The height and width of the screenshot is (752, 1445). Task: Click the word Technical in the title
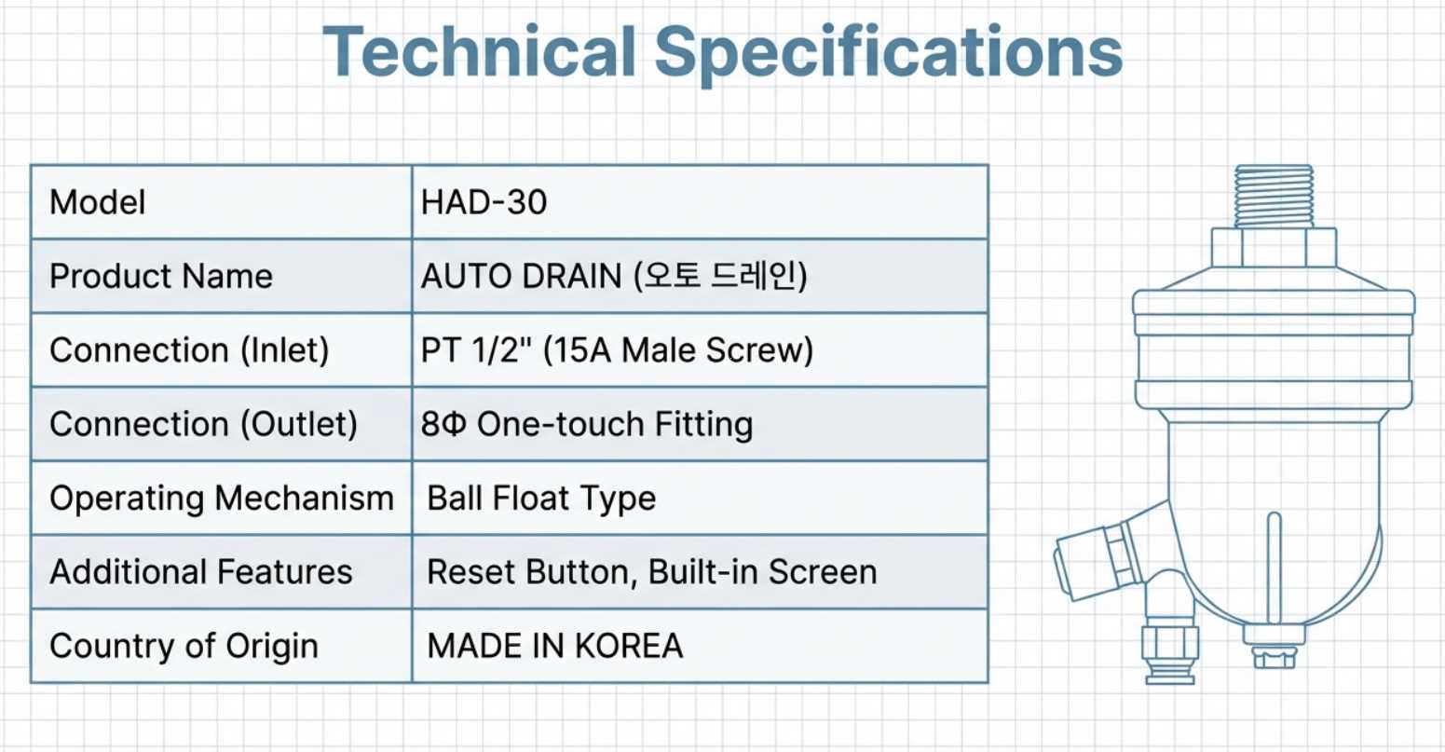point(479,51)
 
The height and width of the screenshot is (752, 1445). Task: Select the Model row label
point(98,202)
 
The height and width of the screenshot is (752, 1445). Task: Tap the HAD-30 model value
point(484,202)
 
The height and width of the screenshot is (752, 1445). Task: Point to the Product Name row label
point(161,276)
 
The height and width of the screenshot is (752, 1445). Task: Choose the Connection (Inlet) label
point(190,350)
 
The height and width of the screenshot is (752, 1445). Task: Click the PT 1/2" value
point(470,349)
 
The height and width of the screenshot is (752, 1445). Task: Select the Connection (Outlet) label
point(204,424)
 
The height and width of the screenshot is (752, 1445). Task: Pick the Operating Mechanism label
point(222,499)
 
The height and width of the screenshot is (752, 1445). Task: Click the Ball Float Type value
point(542,499)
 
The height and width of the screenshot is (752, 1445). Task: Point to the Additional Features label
point(201,572)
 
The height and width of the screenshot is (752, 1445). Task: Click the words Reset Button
point(532,572)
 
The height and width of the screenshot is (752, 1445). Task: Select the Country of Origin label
point(184,646)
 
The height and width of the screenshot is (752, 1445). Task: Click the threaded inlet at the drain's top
point(1275,197)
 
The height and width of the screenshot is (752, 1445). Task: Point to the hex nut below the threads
point(1275,247)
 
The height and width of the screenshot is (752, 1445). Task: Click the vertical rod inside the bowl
point(1275,568)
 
